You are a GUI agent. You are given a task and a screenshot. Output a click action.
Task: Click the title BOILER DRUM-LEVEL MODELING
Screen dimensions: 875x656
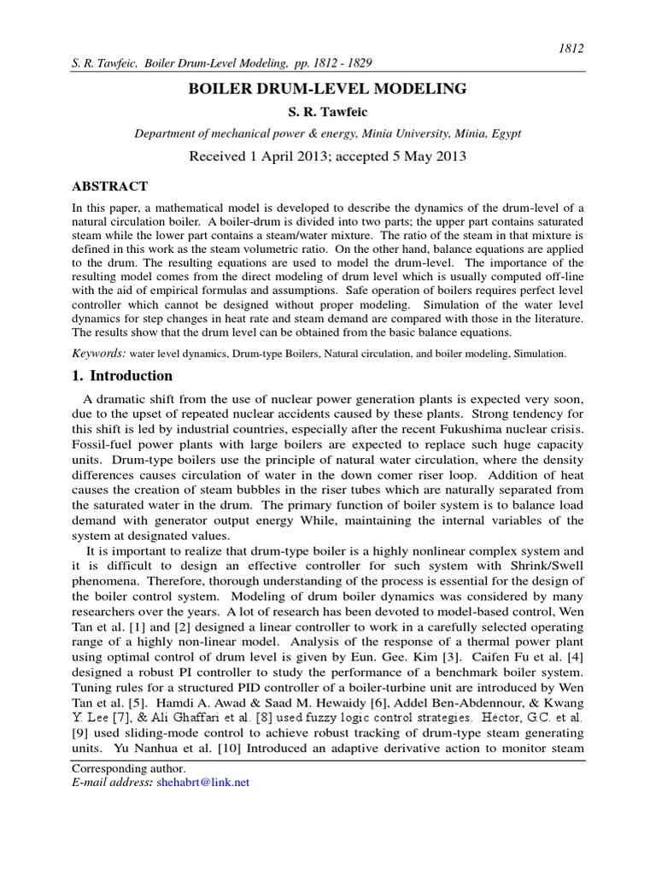[x=328, y=88]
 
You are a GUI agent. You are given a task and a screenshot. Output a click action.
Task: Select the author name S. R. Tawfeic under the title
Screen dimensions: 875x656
[x=328, y=112]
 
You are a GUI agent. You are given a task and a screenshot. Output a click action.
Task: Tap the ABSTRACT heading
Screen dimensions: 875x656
[x=109, y=186]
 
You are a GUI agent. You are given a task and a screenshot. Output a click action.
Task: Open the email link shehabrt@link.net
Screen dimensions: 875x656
[x=203, y=782]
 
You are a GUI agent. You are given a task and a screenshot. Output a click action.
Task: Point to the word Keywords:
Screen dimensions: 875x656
[x=99, y=353]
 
